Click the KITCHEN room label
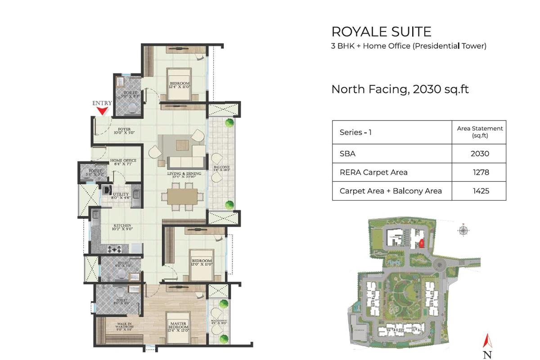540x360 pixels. pos(122,225)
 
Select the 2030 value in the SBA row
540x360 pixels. pos(479,153)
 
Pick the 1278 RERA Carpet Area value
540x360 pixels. pos(479,172)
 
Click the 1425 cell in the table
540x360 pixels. pos(479,191)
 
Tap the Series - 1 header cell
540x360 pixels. pos(355,132)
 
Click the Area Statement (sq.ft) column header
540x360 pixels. pos(479,132)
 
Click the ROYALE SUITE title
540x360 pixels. pos(381,31)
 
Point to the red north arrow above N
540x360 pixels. pos(486,341)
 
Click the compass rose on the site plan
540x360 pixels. pos(463,230)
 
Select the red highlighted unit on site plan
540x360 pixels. pos(421,243)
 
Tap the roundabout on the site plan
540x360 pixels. pos(441,265)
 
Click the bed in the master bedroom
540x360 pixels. pos(178,323)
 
